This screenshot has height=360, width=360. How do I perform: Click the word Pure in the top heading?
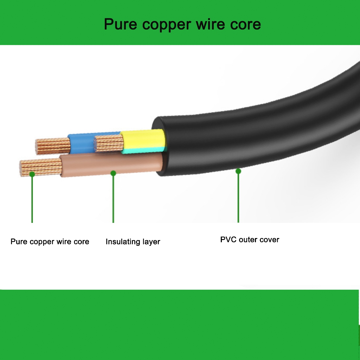121,24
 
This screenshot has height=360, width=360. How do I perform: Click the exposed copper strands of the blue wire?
53,146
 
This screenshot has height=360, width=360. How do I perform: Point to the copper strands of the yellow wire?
109,143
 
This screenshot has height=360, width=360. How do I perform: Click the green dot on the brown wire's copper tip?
32,174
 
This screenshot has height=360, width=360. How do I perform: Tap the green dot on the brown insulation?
113,173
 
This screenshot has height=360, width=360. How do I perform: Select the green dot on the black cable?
238,171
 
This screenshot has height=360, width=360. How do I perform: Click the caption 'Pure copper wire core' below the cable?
50,242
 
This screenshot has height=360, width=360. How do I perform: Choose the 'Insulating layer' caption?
133,242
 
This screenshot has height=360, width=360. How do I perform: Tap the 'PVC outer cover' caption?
250,240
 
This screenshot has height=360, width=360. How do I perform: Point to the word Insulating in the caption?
123,242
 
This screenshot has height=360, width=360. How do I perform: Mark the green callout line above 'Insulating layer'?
113,198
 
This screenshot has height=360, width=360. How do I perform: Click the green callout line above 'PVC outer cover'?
238,197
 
